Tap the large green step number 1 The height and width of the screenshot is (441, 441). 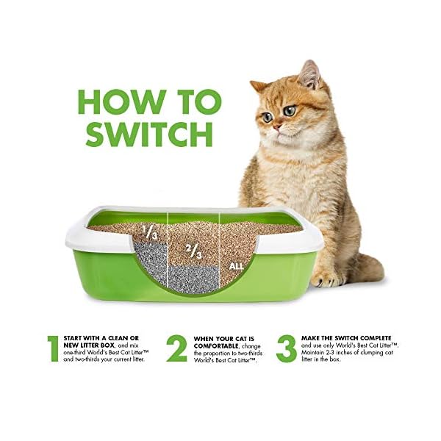(52, 348)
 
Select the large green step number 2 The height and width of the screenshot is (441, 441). (176, 348)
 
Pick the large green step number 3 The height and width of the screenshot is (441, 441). (287, 348)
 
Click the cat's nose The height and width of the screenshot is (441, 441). (276, 126)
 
